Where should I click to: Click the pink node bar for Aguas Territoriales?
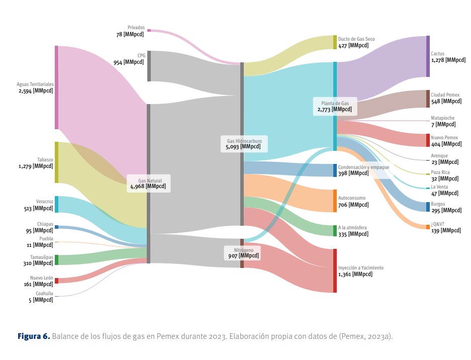(x=56, y=87)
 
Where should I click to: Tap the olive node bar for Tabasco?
(x=56, y=162)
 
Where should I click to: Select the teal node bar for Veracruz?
(x=56, y=204)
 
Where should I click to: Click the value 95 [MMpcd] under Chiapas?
(x=39, y=230)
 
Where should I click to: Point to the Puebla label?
(x=46, y=239)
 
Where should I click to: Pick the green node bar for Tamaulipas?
(x=56, y=259)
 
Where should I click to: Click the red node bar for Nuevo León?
(x=56, y=281)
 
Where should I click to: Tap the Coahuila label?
(x=44, y=293)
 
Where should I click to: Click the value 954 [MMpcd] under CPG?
(x=128, y=62)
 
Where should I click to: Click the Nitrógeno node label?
(x=244, y=249)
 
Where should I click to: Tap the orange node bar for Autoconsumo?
(x=335, y=201)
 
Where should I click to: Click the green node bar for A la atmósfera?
(x=335, y=231)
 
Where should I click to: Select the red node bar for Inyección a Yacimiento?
(x=335, y=271)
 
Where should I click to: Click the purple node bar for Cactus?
(x=428, y=56)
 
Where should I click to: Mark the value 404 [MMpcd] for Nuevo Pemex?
(x=446, y=144)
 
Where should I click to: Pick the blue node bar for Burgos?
(x=428, y=207)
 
